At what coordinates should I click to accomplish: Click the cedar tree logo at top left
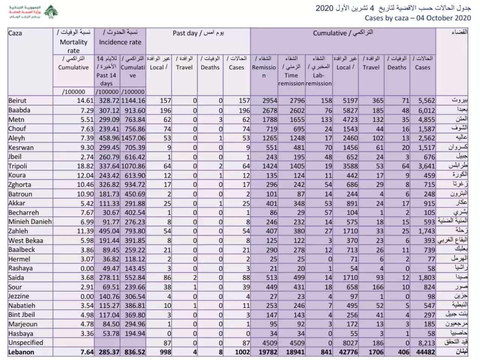click(51, 12)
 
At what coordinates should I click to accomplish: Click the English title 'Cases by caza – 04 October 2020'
click(417, 18)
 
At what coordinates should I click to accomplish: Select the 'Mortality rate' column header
click(73, 42)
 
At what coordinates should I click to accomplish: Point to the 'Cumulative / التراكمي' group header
click(343, 33)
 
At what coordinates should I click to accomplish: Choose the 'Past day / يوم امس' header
click(198, 33)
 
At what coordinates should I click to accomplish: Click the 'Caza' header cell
click(15, 33)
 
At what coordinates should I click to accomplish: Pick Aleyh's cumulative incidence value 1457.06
click(133, 138)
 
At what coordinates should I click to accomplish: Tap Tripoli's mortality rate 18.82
click(85, 166)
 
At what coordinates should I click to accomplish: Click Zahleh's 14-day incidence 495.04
click(109, 231)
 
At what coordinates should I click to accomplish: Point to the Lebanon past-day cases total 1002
click(242, 352)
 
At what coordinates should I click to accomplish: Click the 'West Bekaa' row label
click(26, 240)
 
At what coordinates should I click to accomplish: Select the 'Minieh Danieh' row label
click(30, 222)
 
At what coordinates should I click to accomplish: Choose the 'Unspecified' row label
click(26, 342)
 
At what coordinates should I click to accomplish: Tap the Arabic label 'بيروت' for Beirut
click(459, 100)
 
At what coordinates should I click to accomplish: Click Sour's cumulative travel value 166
click(378, 287)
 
